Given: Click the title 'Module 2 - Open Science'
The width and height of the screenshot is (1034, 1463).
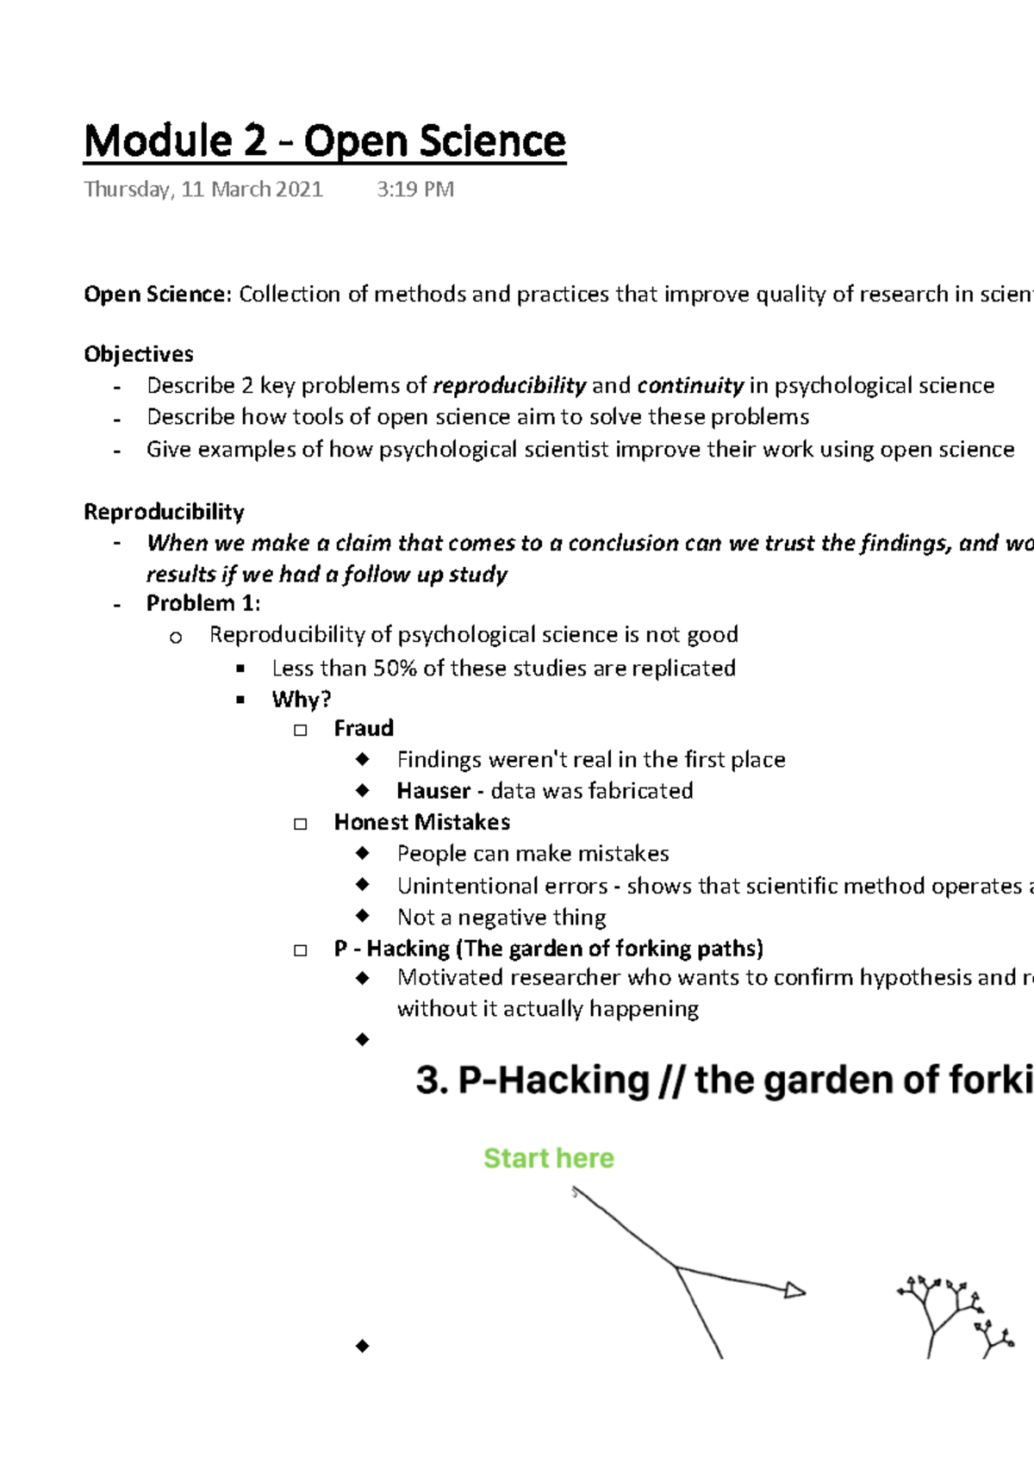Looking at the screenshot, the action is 324,141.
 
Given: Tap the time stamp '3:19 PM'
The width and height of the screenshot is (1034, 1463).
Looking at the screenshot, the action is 414,190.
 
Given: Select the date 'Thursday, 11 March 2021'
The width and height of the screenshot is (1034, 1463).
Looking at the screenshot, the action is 203,190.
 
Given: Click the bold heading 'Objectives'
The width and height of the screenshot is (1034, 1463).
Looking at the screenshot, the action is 138,354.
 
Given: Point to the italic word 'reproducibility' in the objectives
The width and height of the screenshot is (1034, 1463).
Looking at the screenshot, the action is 509,385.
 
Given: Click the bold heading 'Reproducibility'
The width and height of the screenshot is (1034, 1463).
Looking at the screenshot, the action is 164,512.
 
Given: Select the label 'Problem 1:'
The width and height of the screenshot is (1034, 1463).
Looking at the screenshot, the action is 203,603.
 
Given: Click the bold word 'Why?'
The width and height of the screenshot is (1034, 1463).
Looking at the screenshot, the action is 302,699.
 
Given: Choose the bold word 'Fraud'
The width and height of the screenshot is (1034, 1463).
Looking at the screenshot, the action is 364,729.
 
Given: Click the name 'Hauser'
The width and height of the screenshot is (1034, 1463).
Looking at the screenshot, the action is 433,791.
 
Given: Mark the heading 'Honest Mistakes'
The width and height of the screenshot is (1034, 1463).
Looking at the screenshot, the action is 421,822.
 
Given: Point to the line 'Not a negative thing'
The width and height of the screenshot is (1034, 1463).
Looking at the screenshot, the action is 501,917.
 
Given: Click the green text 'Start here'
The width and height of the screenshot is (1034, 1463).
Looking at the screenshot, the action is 549,1158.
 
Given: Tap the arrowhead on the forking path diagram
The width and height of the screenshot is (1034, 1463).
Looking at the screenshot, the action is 794,1291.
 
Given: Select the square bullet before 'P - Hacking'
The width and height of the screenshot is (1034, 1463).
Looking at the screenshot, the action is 301,950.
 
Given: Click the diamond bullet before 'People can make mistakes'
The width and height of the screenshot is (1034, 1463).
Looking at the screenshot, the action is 363,853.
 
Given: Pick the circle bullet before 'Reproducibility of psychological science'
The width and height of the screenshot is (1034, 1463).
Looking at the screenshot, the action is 176,638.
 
